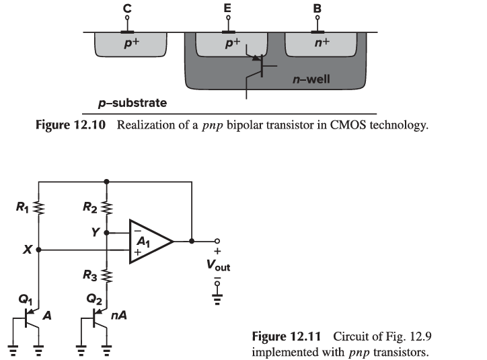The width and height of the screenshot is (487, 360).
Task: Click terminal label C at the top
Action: click(x=127, y=8)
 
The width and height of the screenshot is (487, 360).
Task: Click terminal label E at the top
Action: click(x=227, y=8)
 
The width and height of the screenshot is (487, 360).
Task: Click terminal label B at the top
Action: click(x=317, y=9)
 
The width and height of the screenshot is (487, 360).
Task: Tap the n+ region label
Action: click(x=322, y=42)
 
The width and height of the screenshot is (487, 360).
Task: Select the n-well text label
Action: click(x=311, y=79)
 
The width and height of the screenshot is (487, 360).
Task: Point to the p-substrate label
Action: click(x=133, y=103)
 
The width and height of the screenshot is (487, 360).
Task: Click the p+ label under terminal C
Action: click(x=132, y=43)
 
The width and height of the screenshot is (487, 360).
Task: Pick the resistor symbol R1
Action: click(x=39, y=207)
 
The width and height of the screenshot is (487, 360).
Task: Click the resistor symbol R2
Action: click(x=106, y=207)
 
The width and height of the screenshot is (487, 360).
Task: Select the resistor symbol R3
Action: click(x=106, y=276)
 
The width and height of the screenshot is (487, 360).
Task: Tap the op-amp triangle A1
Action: click(x=151, y=242)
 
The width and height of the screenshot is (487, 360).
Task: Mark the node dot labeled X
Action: click(x=38, y=250)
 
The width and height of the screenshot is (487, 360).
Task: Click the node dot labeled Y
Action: click(x=106, y=232)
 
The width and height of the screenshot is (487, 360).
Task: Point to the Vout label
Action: click(x=218, y=265)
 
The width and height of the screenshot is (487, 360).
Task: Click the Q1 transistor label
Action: click(x=25, y=299)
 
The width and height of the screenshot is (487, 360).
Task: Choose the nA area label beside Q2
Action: click(x=118, y=316)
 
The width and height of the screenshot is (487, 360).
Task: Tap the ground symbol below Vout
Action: click(x=217, y=299)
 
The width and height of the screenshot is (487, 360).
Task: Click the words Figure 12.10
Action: click(x=71, y=125)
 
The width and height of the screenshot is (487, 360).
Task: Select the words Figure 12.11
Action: click(x=286, y=336)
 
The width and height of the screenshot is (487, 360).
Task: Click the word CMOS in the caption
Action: click(x=348, y=125)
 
